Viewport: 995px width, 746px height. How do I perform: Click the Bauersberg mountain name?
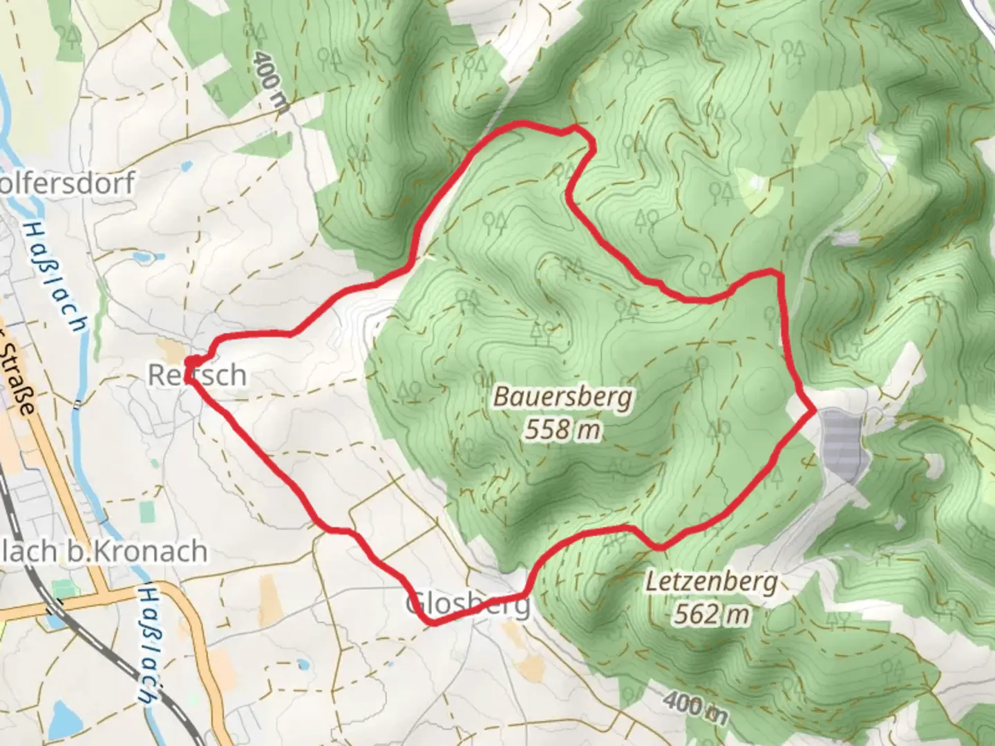tap(562, 398)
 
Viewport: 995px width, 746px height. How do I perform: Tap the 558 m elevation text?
tap(562, 430)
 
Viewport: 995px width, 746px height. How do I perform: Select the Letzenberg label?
tap(711, 582)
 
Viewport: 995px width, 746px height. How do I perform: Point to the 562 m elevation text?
tap(711, 613)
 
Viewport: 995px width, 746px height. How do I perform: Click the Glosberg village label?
tap(468, 605)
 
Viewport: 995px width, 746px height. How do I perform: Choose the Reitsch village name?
tap(198, 375)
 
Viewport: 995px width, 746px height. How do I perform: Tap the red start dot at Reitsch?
tap(194, 361)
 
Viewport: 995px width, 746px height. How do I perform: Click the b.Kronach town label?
tap(104, 551)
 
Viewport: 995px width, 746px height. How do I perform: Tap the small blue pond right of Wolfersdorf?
tap(185, 166)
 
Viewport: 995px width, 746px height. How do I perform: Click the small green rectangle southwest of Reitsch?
tap(147, 512)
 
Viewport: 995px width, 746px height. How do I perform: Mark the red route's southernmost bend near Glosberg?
tap(433, 623)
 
